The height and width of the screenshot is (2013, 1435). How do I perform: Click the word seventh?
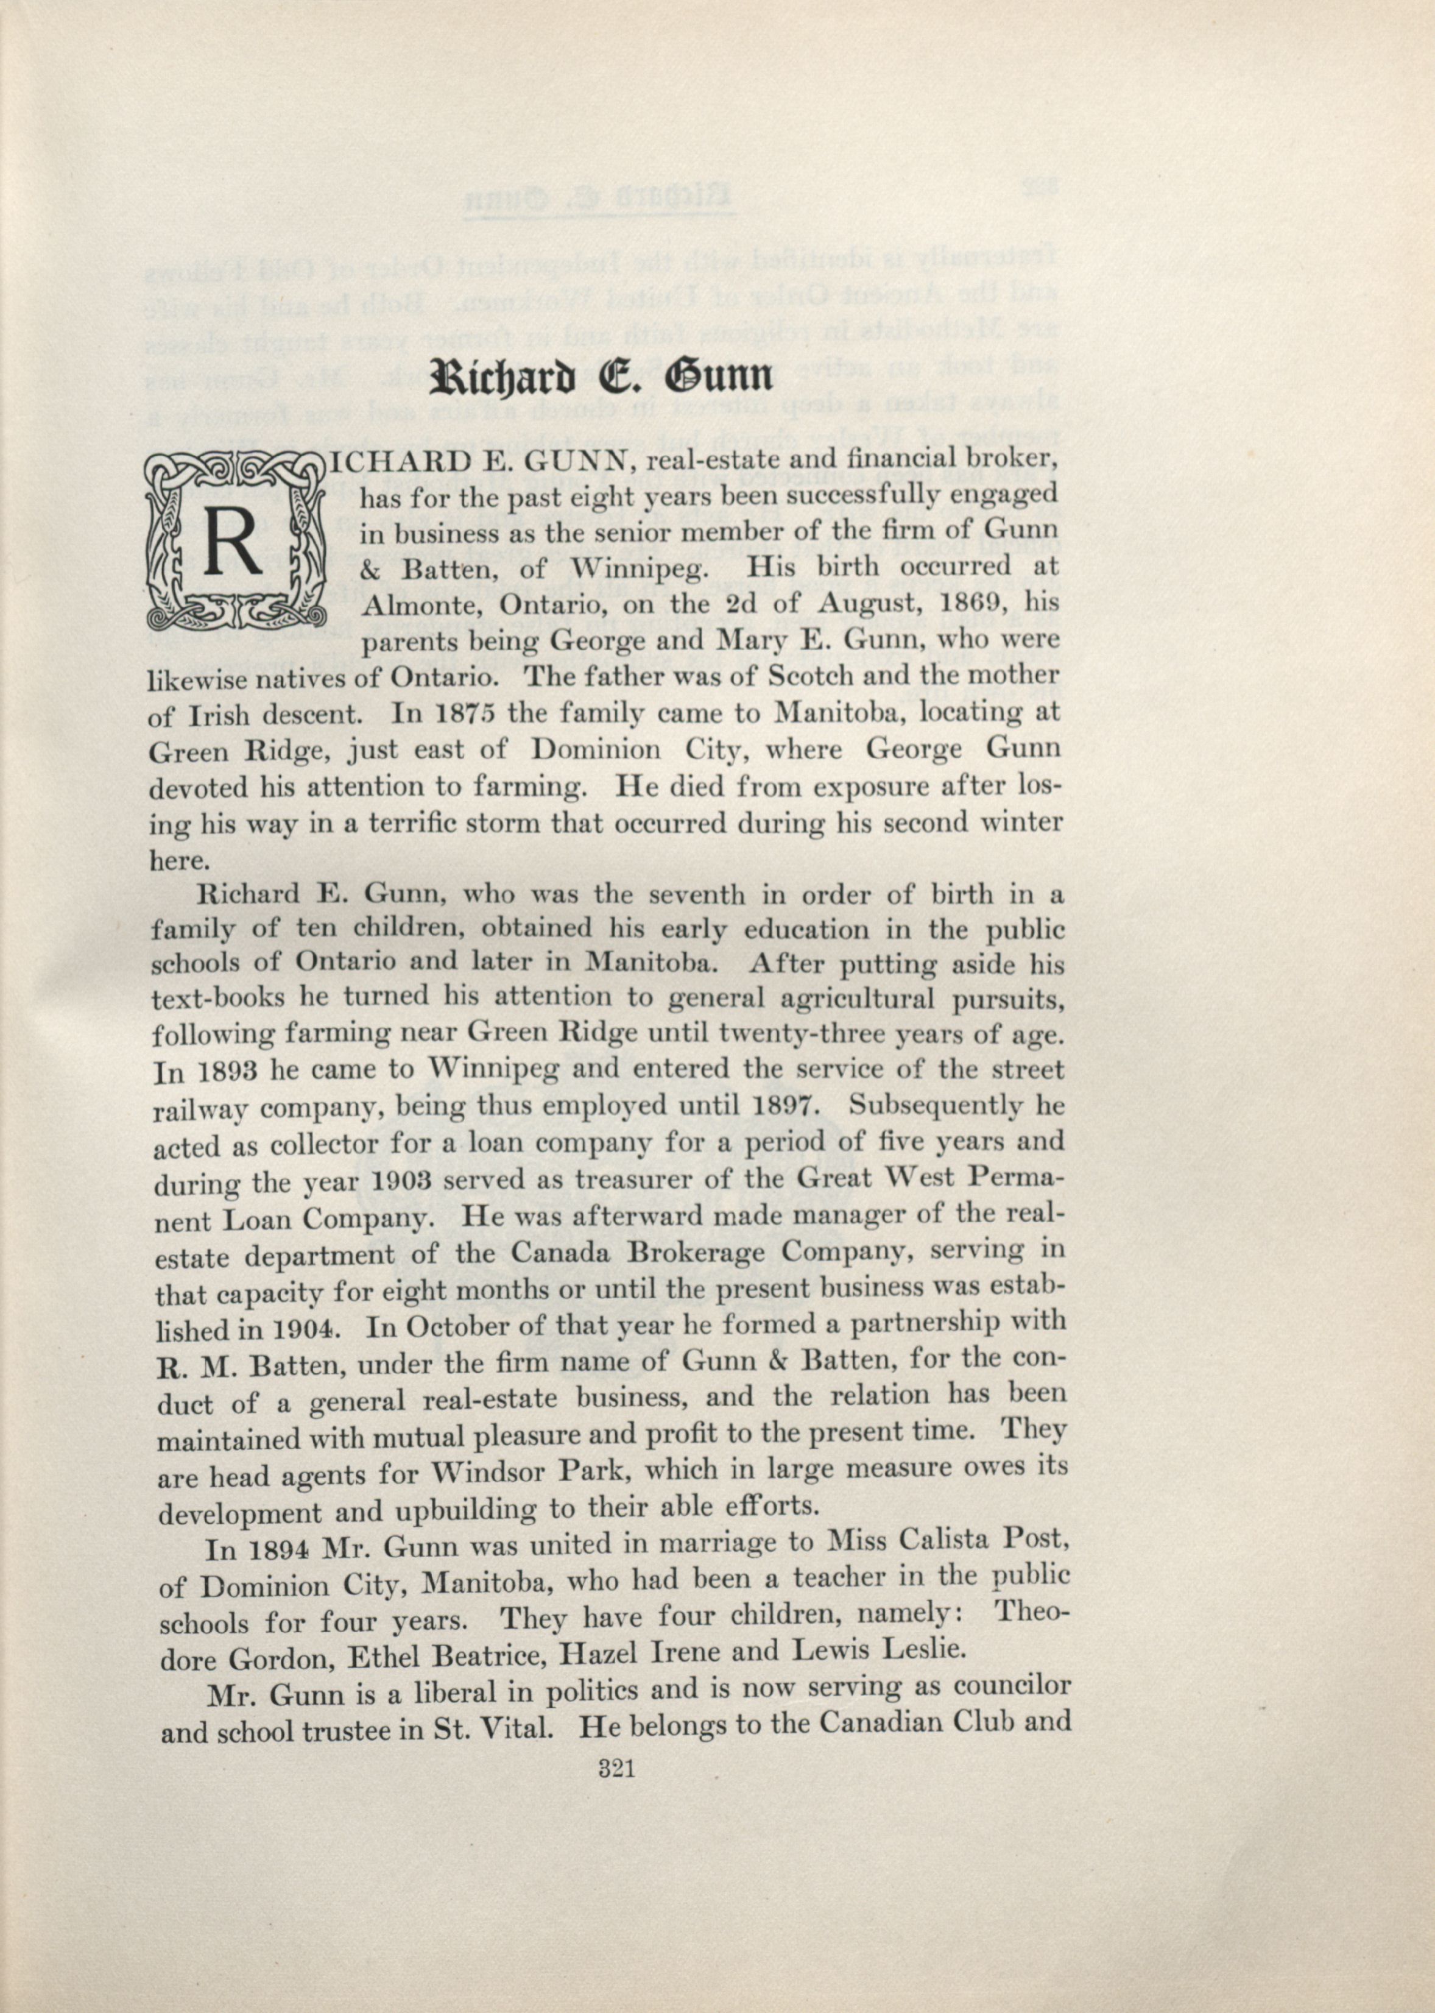(696, 894)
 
